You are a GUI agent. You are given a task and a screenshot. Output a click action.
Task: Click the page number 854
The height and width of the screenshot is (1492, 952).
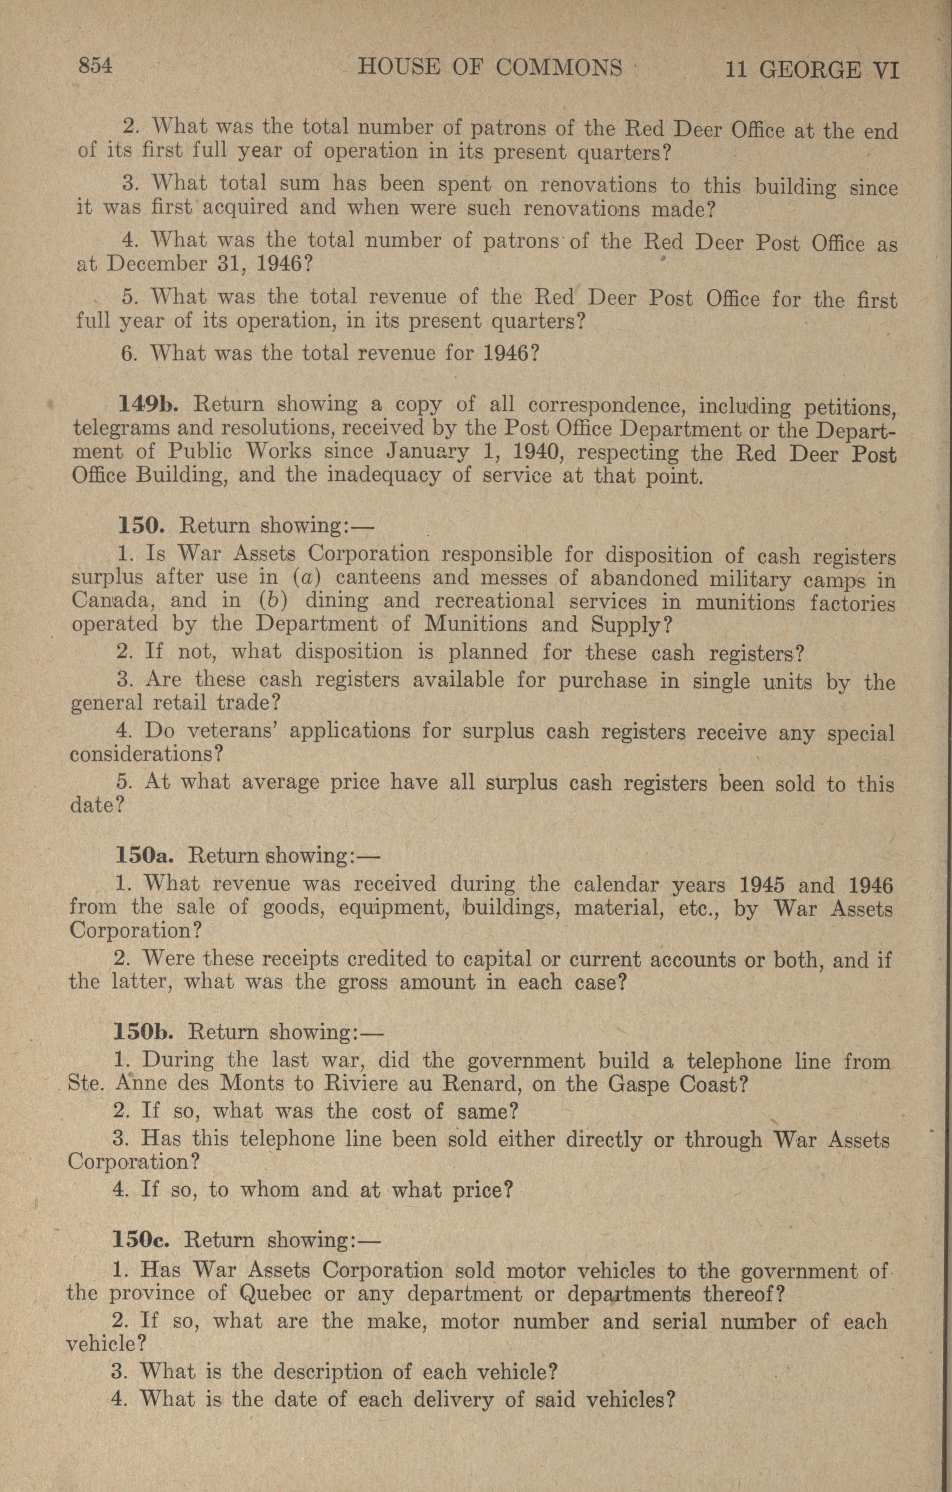[x=94, y=66]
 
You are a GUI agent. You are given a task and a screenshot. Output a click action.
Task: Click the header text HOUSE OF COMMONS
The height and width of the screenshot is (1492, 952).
[x=490, y=68]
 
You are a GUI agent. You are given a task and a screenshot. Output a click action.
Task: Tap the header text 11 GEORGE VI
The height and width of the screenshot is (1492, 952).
[x=811, y=69]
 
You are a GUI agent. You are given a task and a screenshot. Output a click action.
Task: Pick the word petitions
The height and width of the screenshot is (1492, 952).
[x=850, y=408]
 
